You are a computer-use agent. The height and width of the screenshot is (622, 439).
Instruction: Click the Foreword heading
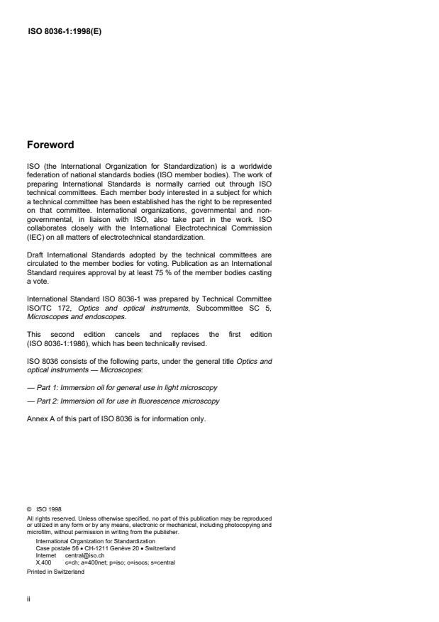50,145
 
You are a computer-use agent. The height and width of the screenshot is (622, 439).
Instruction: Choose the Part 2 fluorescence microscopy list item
123,401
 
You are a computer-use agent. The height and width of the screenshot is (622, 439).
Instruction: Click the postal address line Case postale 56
105,549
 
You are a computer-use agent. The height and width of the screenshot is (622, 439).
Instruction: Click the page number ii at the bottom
28,600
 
